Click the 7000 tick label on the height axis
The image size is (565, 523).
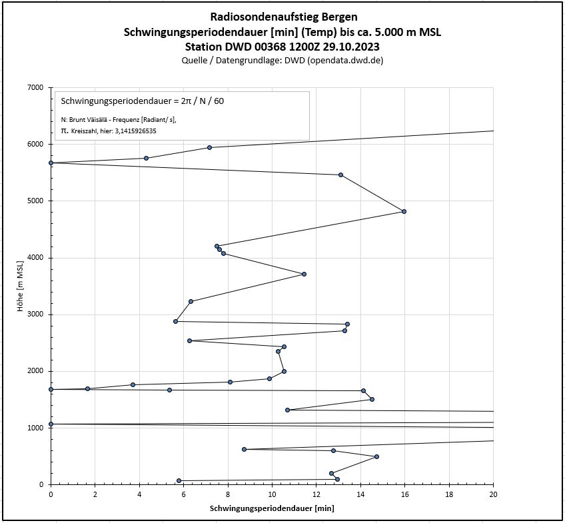coord(35,87)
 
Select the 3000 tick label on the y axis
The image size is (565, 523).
coord(35,314)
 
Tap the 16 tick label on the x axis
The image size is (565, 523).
coord(405,494)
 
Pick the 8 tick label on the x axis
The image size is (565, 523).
coord(228,494)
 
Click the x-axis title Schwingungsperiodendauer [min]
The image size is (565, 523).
coord(272,508)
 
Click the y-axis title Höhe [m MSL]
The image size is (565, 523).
coord(21,286)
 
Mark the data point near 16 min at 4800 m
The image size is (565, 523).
coord(404,211)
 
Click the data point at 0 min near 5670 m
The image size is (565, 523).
coord(51,163)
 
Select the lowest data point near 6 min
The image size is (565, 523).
coord(179,480)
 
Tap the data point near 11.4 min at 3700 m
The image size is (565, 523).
coord(304,274)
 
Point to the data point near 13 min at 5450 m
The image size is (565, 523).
coord(340,175)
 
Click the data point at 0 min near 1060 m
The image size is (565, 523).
coord(51,424)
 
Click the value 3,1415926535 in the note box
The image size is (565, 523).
coord(137,131)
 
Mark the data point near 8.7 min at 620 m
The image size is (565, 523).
coord(244,449)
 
